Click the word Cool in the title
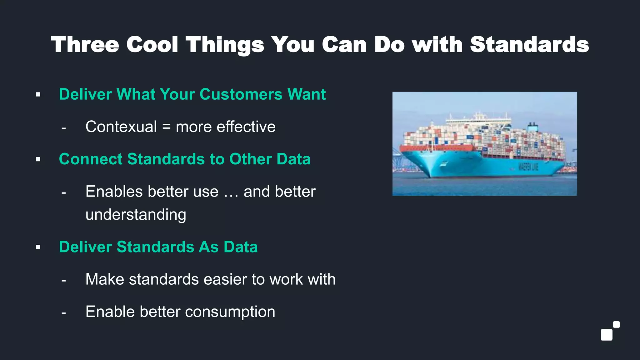coord(152,45)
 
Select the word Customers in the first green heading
coord(241,94)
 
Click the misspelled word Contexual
coord(121,127)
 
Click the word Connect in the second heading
coord(91,159)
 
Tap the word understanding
coord(136,215)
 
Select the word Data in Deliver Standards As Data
coord(240,247)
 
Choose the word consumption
coord(230,312)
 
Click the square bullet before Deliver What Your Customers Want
coord(38,94)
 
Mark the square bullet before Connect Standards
coord(38,159)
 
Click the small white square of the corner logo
coord(616,324)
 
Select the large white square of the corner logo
coord(607,335)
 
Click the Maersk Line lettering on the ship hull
coord(528,167)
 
